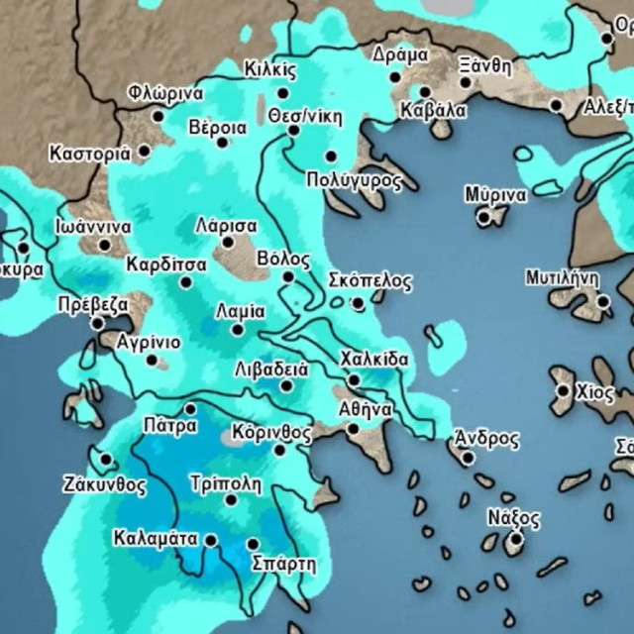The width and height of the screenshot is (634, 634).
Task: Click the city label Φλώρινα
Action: [165, 94]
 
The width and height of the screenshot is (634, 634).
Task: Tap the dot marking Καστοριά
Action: [145, 152]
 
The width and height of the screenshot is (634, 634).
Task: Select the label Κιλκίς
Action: [269, 69]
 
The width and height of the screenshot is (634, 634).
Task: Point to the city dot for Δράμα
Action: [395, 76]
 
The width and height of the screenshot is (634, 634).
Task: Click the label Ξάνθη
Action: [485, 66]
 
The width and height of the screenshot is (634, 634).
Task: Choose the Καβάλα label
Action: [433, 111]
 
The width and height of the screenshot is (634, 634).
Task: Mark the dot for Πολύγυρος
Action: [331, 157]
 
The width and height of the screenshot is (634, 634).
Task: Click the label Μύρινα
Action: [495, 194]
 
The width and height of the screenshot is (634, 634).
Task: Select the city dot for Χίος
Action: [563, 390]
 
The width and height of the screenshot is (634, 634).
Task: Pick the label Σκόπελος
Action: [369, 280]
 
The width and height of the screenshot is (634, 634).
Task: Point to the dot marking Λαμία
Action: [238, 330]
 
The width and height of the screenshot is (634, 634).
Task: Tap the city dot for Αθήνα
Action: [353, 429]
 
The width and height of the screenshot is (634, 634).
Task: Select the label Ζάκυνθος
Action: [104, 485]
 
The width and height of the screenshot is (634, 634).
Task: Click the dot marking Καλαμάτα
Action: [211, 540]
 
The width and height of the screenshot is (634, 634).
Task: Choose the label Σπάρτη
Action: [283, 565]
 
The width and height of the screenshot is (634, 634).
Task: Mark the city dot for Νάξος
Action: [513, 538]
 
